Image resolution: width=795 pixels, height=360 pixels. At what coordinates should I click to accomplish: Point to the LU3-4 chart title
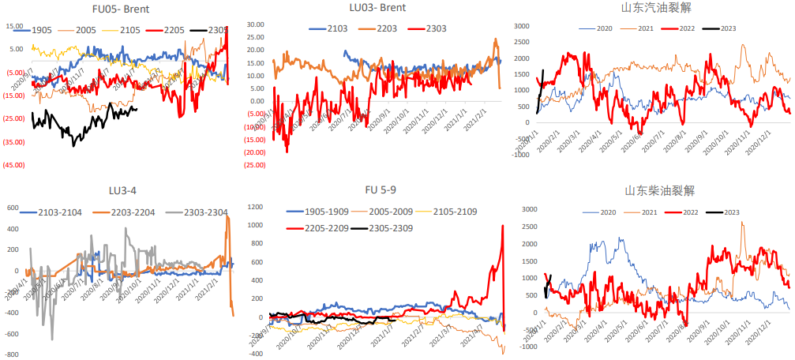pyautogui.click(x=122, y=190)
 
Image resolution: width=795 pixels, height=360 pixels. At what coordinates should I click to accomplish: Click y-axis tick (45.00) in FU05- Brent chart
pyautogui.click(x=13, y=165)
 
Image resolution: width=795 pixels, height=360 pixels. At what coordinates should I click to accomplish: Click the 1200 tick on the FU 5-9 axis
pyautogui.click(x=253, y=206)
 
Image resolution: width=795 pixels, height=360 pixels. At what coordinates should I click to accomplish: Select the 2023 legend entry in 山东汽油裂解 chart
pyautogui.click(x=728, y=28)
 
